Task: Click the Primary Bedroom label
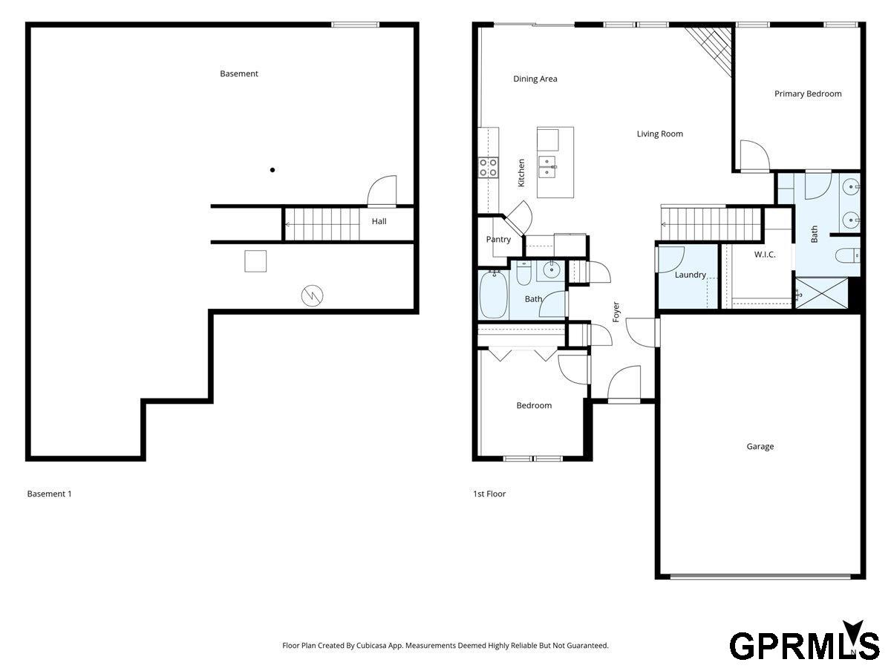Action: coord(807,94)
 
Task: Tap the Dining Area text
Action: coord(535,79)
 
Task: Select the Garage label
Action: coord(760,446)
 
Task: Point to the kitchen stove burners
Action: coord(488,168)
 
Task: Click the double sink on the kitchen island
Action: coord(547,167)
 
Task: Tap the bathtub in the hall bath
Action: coord(493,294)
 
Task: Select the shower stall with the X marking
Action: coord(822,293)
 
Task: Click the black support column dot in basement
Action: coord(272,170)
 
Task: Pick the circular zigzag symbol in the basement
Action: coord(312,295)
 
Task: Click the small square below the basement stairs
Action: coord(255,261)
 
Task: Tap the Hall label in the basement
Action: coord(379,221)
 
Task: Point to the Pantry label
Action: coord(498,239)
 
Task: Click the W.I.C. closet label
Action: coord(765,255)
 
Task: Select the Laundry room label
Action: coord(690,275)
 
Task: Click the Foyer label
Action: coord(616,312)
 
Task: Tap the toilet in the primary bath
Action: coord(848,255)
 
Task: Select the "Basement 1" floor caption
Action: coord(49,494)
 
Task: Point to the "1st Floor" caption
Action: coord(489,494)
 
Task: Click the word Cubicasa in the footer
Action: coord(371,645)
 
